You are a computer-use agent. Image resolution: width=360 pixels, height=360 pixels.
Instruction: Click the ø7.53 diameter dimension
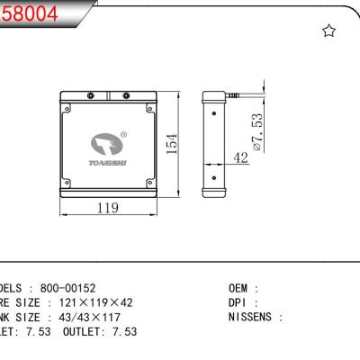point(256,130)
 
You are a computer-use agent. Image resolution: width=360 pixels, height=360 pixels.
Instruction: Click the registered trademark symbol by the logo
point(123,135)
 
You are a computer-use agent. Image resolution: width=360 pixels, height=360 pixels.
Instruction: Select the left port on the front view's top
point(90,96)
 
